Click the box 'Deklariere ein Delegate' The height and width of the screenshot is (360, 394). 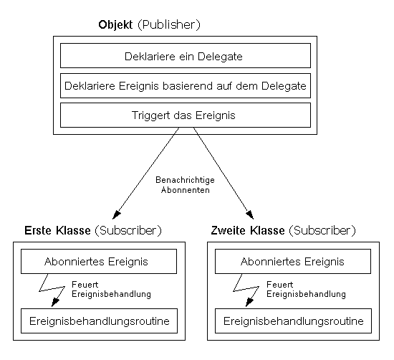tap(186, 55)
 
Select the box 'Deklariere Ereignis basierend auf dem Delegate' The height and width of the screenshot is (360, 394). tap(186, 85)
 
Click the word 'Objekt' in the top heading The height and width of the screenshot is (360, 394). tap(116, 25)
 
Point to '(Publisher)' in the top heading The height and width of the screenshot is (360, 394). tap(170, 25)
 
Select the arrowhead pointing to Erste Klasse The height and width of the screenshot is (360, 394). tap(107, 214)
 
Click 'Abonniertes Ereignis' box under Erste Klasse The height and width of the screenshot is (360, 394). tap(99, 262)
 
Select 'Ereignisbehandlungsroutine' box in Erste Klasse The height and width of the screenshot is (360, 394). tap(99, 321)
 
